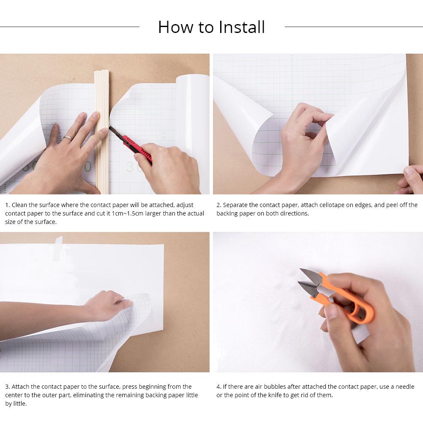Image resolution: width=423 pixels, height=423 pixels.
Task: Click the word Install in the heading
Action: point(242,27)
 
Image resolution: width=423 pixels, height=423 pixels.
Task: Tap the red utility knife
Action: point(137,148)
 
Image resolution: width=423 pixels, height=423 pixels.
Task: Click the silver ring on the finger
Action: point(67,137)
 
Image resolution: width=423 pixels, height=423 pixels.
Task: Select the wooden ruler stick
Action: point(102,127)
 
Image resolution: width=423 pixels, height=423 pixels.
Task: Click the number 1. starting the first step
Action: point(7,205)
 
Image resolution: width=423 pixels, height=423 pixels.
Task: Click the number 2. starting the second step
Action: point(219,205)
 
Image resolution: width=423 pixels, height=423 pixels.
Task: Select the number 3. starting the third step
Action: point(7,387)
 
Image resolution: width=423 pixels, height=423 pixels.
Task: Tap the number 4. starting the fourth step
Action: point(219,387)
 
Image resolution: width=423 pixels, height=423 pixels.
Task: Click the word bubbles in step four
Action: point(274,387)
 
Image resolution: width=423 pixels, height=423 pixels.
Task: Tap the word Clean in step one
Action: point(19,205)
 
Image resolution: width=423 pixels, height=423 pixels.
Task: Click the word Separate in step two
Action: point(235,205)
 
